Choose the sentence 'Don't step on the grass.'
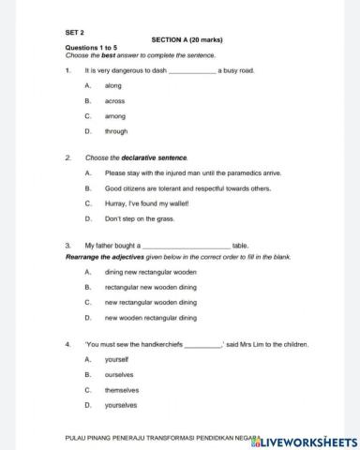coord(140,217)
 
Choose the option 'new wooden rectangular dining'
coord(150,317)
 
